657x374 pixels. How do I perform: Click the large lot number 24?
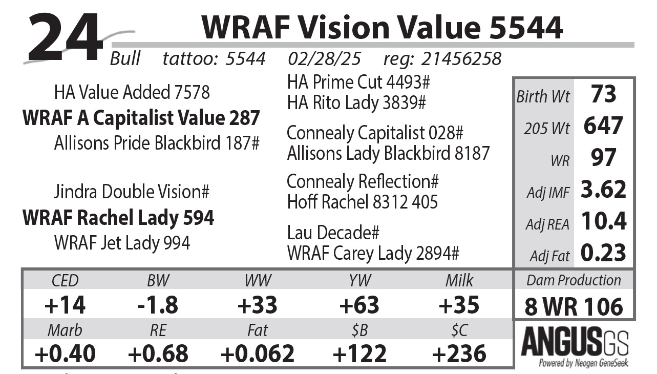pyautogui.click(x=65, y=37)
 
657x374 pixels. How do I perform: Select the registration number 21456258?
pyautogui.click(x=460, y=59)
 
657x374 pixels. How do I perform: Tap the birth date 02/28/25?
pyautogui.click(x=324, y=59)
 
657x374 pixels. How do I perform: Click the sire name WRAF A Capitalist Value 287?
pyautogui.click(x=141, y=118)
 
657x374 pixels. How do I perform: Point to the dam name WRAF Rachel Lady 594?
pyautogui.click(x=118, y=218)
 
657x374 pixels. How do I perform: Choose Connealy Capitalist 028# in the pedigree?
pyautogui.click(x=375, y=133)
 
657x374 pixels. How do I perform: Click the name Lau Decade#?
pyautogui.click(x=333, y=233)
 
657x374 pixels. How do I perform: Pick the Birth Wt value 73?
pyautogui.click(x=603, y=95)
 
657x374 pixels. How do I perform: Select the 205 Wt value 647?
pyautogui.click(x=603, y=127)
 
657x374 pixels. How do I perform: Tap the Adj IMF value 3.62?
pyautogui.click(x=603, y=190)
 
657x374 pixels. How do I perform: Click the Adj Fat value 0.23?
pyautogui.click(x=603, y=253)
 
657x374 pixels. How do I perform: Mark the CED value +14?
pyautogui.click(x=65, y=305)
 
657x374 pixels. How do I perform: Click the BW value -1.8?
pyautogui.click(x=158, y=305)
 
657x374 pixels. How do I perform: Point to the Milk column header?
pyautogui.click(x=459, y=281)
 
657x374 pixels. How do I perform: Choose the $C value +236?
pyautogui.click(x=459, y=354)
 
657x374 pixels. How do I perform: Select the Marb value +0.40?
pyautogui.click(x=65, y=354)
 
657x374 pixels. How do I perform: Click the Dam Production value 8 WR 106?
pyautogui.click(x=574, y=306)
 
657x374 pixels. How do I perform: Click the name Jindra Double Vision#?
pyautogui.click(x=132, y=192)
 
